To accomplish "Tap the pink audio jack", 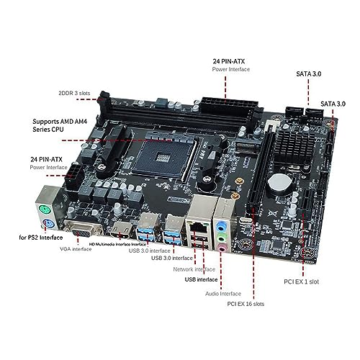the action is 222,248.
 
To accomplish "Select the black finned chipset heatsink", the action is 294,145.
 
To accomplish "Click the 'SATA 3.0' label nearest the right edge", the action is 333,104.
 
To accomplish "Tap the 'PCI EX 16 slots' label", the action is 246,304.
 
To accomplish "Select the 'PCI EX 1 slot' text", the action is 302,282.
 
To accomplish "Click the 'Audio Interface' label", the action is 223,294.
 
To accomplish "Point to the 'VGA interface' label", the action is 76,249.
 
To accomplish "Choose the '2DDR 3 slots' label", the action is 74,93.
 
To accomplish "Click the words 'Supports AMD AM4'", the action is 60,122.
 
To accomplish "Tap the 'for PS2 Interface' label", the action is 41,238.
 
